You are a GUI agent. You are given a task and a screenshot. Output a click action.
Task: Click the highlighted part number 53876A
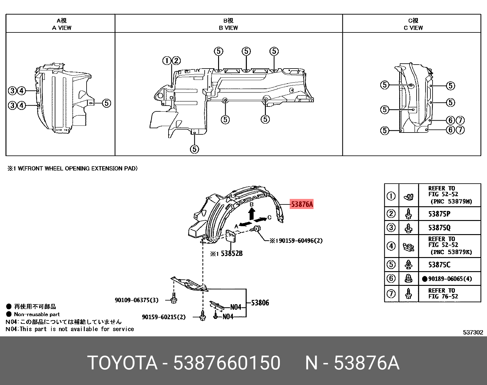tap(302, 204)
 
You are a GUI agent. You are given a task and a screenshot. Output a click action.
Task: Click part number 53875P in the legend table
tap(439, 214)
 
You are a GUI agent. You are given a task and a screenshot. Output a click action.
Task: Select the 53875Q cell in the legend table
tap(439, 228)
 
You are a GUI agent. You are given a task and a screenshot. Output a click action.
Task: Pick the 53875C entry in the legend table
tap(439, 265)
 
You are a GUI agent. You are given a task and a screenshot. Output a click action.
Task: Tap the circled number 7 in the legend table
tap(391, 294)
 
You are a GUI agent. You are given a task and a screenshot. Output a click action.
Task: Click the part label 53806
tap(260, 303)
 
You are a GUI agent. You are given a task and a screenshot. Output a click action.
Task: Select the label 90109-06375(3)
tap(136, 300)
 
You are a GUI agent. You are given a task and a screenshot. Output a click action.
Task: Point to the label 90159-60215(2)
tap(164, 317)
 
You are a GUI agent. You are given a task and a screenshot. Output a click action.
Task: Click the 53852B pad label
tap(231, 253)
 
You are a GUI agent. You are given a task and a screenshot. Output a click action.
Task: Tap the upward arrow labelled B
tap(251, 213)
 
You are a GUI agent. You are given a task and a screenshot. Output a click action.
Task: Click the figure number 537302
tap(473, 332)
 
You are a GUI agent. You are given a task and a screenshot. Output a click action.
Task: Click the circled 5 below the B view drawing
tap(195, 149)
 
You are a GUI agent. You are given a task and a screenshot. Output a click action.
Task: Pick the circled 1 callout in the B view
tap(166, 61)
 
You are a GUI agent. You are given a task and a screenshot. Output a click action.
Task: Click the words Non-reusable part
tap(37, 314)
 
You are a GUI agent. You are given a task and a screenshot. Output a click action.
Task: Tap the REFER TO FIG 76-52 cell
tap(443, 293)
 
